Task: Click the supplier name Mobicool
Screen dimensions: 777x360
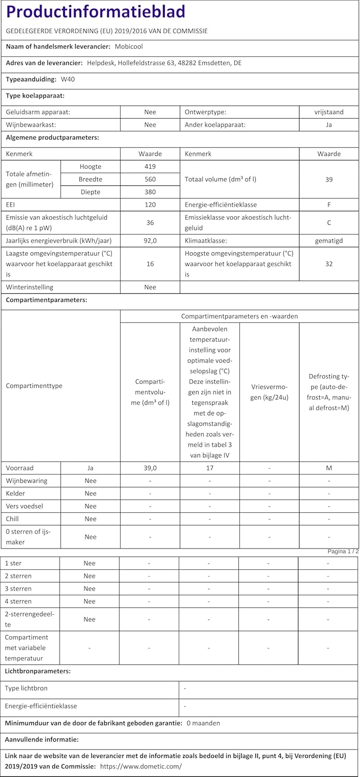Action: [x=129, y=47]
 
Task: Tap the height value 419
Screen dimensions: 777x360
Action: [x=150, y=167]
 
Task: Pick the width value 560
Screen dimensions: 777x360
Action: [x=150, y=179]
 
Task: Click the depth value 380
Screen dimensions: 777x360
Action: [x=150, y=192]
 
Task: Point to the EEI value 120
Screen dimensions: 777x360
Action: [x=150, y=205]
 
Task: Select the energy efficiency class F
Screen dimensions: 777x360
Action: [x=329, y=205]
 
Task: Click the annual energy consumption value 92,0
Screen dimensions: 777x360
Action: [x=150, y=240]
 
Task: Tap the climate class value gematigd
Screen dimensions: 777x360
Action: [x=329, y=240]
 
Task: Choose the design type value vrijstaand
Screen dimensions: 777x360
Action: [x=329, y=112]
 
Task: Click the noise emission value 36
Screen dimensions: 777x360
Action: [x=150, y=223]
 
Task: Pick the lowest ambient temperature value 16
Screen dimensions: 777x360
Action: [x=150, y=264]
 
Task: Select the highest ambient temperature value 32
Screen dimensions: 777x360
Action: [x=329, y=264]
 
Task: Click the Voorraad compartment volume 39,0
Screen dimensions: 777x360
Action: [x=150, y=468]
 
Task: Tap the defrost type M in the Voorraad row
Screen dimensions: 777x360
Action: [x=329, y=468]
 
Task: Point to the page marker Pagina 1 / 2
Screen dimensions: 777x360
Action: [x=343, y=552]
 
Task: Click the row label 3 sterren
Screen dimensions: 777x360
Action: [x=18, y=588]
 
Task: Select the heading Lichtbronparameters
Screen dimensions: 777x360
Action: [x=38, y=671]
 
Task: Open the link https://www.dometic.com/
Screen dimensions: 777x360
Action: [x=141, y=766]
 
